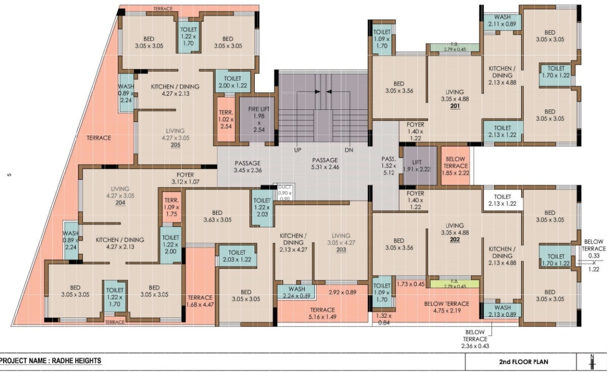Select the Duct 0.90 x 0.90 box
284,193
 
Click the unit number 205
176,145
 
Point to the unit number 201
455,106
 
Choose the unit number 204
120,203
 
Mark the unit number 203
341,250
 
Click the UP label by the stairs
298,150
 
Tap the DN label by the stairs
349,150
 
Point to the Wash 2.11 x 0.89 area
502,21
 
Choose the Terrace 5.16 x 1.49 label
322,313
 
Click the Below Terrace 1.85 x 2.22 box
456,166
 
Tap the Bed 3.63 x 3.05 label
217,216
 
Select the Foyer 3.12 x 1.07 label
186,178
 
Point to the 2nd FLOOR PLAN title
520,362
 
